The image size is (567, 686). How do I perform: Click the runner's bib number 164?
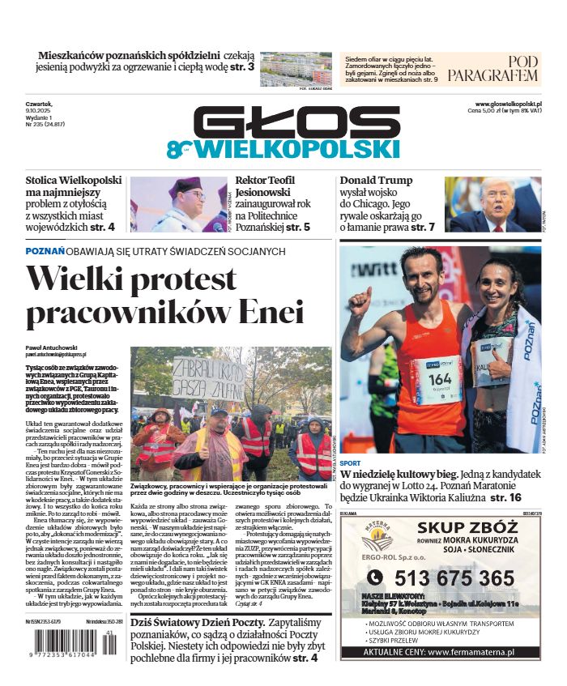coord(439,378)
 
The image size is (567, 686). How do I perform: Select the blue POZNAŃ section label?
coord(45,252)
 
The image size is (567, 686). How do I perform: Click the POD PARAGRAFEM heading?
coord(492,69)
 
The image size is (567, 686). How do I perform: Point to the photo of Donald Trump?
coord(492,204)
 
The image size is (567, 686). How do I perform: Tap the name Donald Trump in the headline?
coord(376,180)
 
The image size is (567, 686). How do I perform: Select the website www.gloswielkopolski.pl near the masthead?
coord(509,104)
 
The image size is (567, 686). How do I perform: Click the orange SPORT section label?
coord(351,464)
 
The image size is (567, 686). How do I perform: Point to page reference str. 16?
coord(506,496)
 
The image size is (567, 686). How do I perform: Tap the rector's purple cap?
coord(184,185)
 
